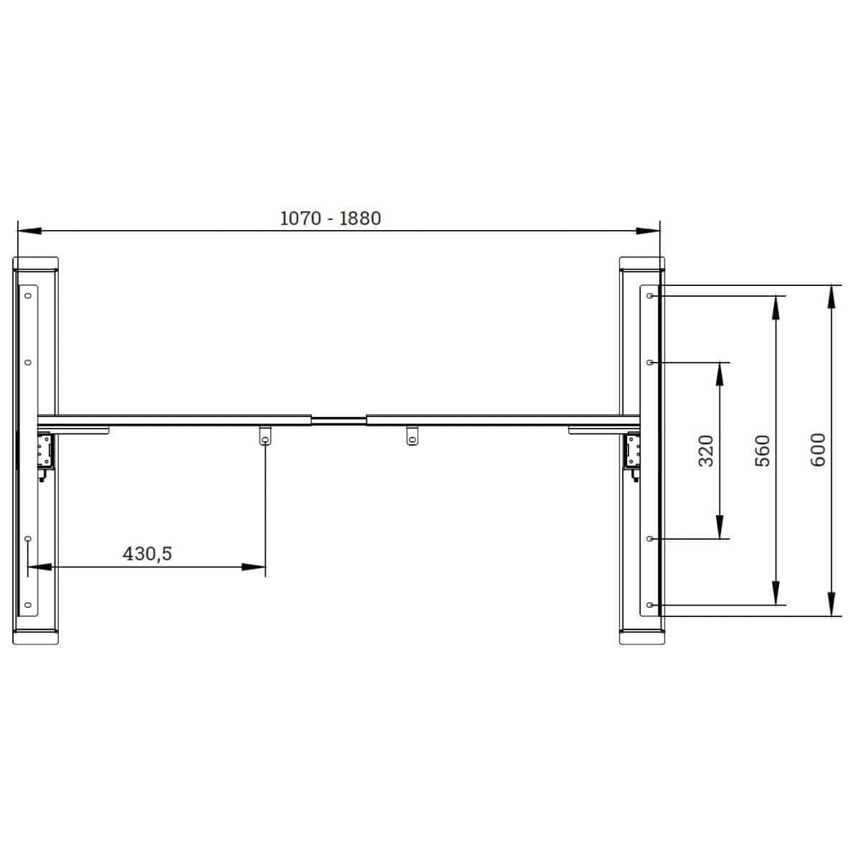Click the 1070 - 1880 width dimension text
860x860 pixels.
[x=330, y=219]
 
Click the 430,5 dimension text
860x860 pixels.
[x=147, y=554]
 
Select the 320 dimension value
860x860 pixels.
[x=706, y=451]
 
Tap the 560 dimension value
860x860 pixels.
[x=763, y=451]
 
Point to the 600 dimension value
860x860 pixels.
[x=818, y=450]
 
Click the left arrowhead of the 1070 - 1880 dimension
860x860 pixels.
[x=29, y=231]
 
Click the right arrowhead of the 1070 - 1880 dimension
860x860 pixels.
[x=648, y=231]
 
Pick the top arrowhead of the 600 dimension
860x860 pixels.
[x=831, y=297]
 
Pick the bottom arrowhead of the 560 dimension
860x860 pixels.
[x=775, y=593]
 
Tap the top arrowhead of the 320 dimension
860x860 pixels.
[x=720, y=374]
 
